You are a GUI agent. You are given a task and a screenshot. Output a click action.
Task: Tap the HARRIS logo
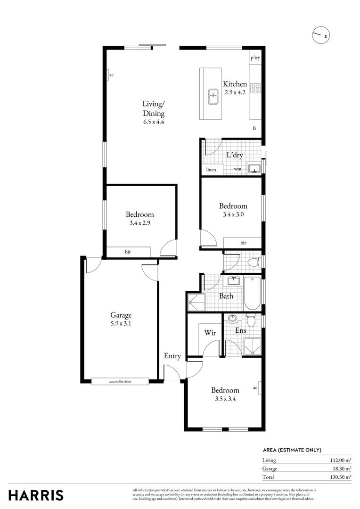pyautogui.click(x=36, y=495)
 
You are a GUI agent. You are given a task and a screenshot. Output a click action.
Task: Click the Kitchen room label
pyautogui.click(x=235, y=84)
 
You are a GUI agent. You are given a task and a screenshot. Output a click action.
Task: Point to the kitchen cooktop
pyautogui.click(x=255, y=88)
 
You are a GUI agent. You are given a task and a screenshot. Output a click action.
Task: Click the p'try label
pyautogui.click(x=255, y=58)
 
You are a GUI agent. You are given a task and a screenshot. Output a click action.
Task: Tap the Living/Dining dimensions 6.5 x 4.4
pyautogui.click(x=154, y=122)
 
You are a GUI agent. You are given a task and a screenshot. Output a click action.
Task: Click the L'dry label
pyautogui.click(x=235, y=155)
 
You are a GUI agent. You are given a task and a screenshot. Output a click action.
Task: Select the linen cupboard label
pyautogui.click(x=211, y=169)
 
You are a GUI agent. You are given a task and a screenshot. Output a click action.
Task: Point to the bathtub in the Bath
pyautogui.click(x=252, y=293)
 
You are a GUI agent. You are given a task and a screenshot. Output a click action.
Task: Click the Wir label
pyautogui.click(x=210, y=333)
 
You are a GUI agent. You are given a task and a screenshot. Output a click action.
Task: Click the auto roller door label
pyautogui.click(x=120, y=381)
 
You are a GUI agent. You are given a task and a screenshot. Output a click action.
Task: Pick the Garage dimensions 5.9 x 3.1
pyautogui.click(x=121, y=324)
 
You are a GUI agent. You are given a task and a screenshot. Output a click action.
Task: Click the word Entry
pyautogui.click(x=172, y=356)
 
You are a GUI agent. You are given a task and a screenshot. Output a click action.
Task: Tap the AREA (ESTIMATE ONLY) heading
pyautogui.click(x=292, y=450)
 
